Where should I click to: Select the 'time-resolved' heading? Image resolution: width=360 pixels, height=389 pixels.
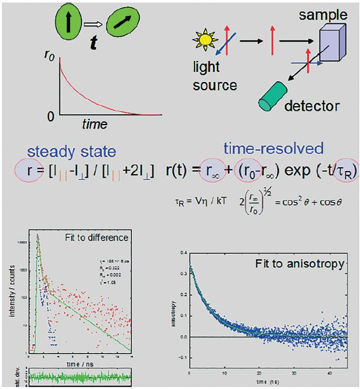273,148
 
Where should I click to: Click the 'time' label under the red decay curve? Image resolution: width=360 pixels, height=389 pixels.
94,124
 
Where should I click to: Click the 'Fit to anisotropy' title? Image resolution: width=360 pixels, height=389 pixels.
300,264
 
